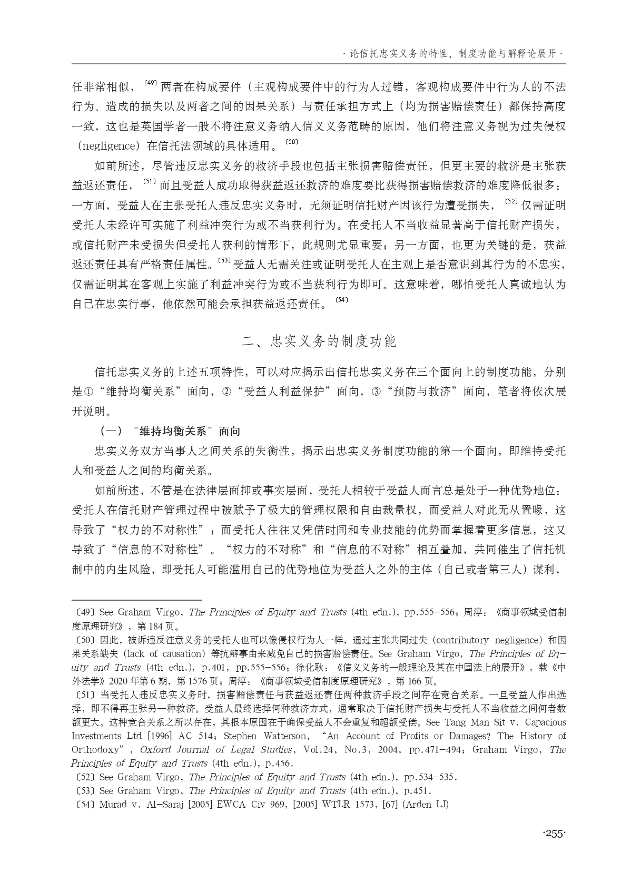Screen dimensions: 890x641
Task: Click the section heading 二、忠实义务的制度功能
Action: tap(319, 341)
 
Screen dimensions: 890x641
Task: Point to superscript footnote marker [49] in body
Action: tap(151, 83)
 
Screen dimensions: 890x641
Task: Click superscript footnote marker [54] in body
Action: tap(342, 300)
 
